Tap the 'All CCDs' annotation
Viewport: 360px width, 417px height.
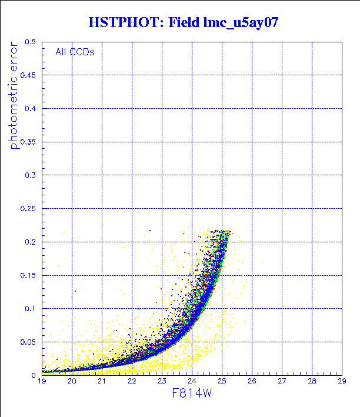pos(75,52)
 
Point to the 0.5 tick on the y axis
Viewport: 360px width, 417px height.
pos(30,42)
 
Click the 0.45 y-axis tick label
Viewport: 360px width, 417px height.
pos(28,75)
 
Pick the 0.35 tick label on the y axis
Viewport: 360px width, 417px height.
pos(28,142)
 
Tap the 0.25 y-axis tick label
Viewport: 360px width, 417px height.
pos(28,209)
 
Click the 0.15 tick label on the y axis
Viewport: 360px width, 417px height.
pos(28,275)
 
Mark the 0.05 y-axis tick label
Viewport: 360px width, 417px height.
pos(28,342)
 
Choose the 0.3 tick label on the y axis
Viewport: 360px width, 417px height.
pos(30,175)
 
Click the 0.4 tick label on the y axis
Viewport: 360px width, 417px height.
pos(30,109)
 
